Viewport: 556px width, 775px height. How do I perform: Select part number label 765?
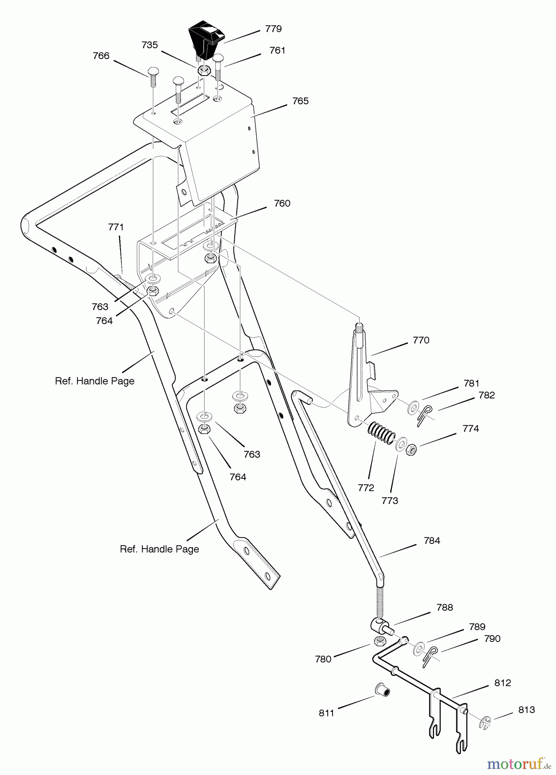pos(300,101)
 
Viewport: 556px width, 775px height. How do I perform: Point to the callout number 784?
pos(432,540)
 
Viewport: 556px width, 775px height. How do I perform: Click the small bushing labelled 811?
pos(382,690)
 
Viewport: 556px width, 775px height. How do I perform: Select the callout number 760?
pos(282,203)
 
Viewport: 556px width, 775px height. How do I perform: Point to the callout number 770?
pos(421,340)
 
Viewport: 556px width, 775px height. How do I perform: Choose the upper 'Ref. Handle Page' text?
pos(95,381)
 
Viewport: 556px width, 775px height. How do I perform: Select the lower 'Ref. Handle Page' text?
pos(159,549)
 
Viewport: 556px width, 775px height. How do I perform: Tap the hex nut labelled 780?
pos(379,641)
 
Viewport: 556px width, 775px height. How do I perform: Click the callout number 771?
pos(116,227)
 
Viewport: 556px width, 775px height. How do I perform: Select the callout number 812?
pos(503,683)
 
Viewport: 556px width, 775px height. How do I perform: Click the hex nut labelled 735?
pos(204,70)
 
